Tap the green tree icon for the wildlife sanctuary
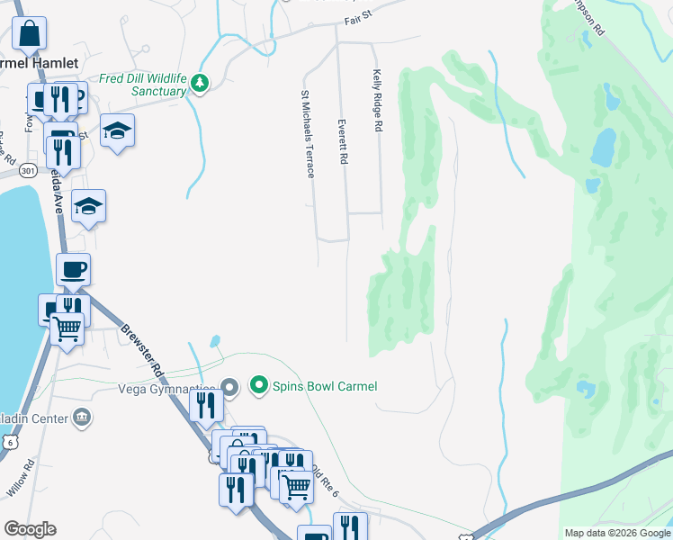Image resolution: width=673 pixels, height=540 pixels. pyautogui.click(x=199, y=85)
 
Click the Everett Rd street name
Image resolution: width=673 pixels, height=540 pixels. pyautogui.click(x=343, y=141)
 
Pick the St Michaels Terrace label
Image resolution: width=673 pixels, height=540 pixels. pyautogui.click(x=307, y=132)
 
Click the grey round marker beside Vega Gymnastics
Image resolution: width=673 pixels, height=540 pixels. pyautogui.click(x=229, y=389)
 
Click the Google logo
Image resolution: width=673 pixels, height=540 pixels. pyautogui.click(x=30, y=529)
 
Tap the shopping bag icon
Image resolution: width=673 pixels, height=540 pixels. pyautogui.click(x=30, y=34)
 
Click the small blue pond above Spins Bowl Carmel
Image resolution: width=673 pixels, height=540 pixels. pyautogui.click(x=215, y=341)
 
